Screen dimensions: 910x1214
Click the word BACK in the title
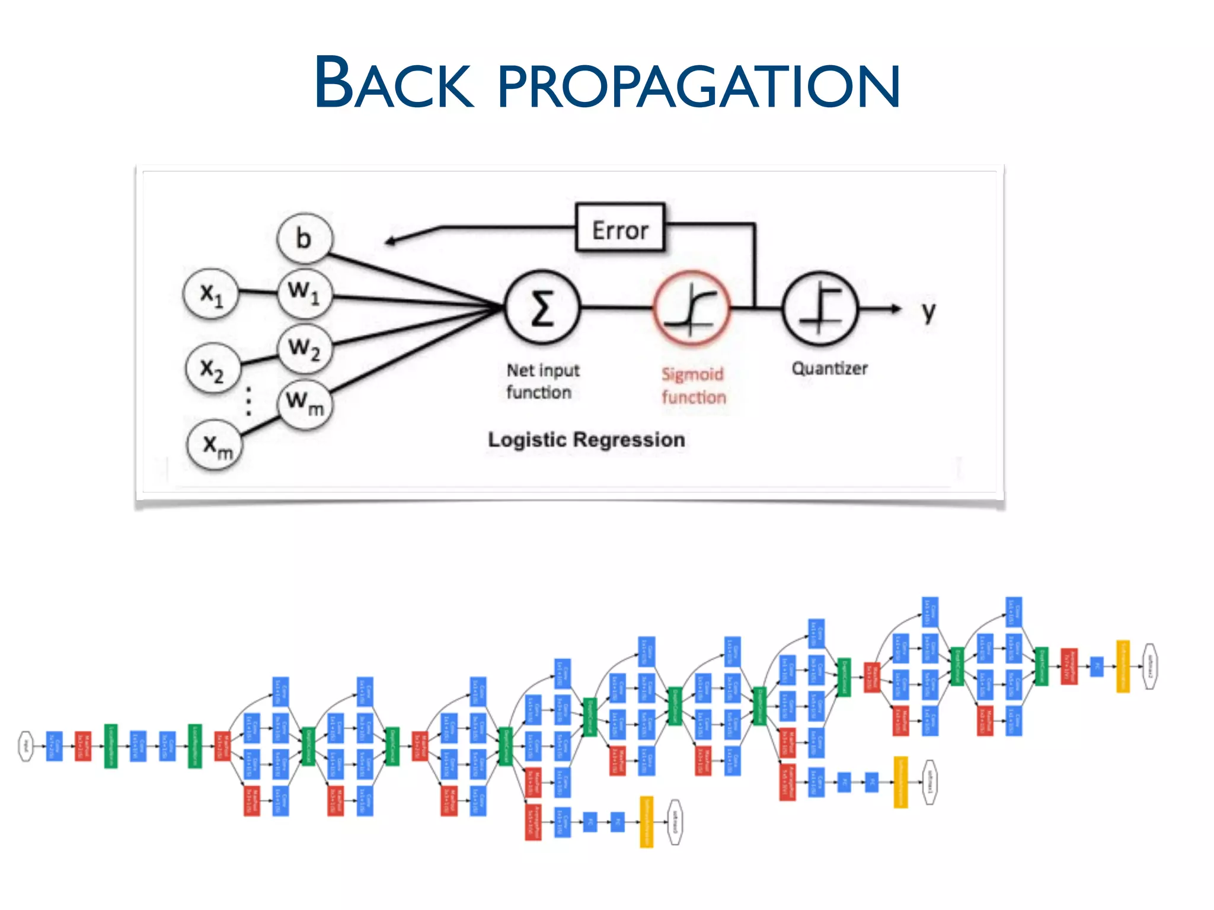click(394, 83)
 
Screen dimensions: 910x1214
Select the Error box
click(620, 229)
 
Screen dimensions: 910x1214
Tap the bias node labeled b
click(305, 238)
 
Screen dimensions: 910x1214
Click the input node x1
click(212, 293)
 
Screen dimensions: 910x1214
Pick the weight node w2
click(305, 348)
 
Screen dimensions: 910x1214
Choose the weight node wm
click(305, 402)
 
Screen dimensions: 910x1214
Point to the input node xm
click(215, 444)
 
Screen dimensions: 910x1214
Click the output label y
click(928, 312)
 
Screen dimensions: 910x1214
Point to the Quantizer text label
click(829, 369)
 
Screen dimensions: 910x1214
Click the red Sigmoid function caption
click(694, 385)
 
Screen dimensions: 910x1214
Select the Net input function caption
click(542, 381)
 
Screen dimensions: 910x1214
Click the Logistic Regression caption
click(586, 440)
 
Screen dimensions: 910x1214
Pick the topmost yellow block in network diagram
click(1123, 666)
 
